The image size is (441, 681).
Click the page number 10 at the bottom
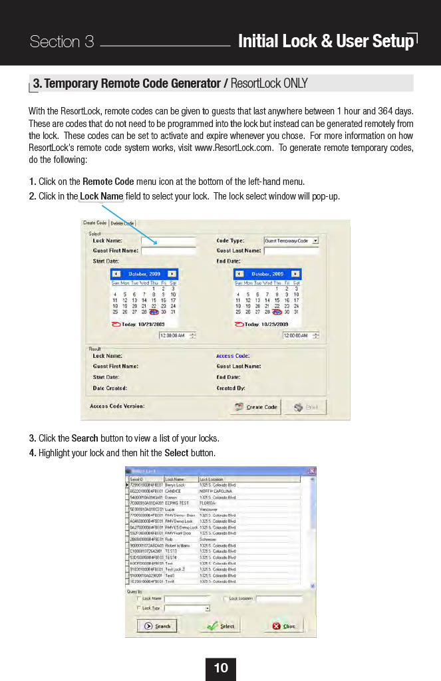coord(221,668)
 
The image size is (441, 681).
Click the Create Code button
coord(256,407)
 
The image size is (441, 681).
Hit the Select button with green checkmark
coord(221,626)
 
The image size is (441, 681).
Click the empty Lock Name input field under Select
coord(168,241)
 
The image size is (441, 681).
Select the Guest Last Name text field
coord(291,251)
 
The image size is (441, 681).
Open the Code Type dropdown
coord(315,241)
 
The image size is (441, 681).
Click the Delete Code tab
coord(122,223)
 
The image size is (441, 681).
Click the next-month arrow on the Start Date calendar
coord(172,273)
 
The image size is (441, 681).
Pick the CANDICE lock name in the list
coord(172,491)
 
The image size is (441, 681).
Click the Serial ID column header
coord(144,479)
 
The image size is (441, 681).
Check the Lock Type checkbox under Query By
coord(138,608)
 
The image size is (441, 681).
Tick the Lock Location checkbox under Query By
coord(225,599)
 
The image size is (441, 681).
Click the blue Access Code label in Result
coord(232,356)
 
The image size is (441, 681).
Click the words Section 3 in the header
coord(62,42)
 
